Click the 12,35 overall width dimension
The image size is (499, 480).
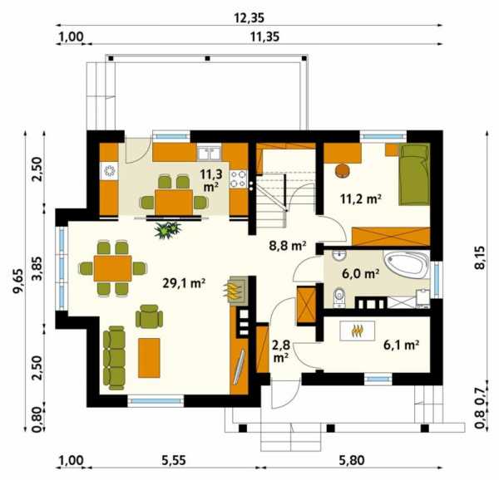[x=249, y=17]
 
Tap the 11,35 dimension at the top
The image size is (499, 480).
[x=264, y=37]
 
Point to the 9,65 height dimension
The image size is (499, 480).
[x=18, y=281]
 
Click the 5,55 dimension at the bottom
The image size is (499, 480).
[x=174, y=460]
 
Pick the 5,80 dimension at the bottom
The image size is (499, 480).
[x=352, y=460]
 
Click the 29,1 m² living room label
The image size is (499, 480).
[x=184, y=283]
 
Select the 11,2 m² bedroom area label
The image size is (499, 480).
[x=361, y=198]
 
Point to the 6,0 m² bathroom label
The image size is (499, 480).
[x=361, y=273]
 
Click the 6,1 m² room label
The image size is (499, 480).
[x=402, y=345]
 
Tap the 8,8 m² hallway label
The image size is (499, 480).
[x=288, y=246]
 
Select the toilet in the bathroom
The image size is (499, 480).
[x=339, y=298]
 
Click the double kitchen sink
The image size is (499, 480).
[x=209, y=153]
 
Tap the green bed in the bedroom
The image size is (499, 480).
[x=415, y=174]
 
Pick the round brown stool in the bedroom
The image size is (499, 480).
[x=343, y=170]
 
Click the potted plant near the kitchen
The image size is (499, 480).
[x=168, y=230]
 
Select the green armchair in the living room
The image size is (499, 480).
[x=149, y=316]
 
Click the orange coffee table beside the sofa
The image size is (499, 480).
[x=149, y=358]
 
